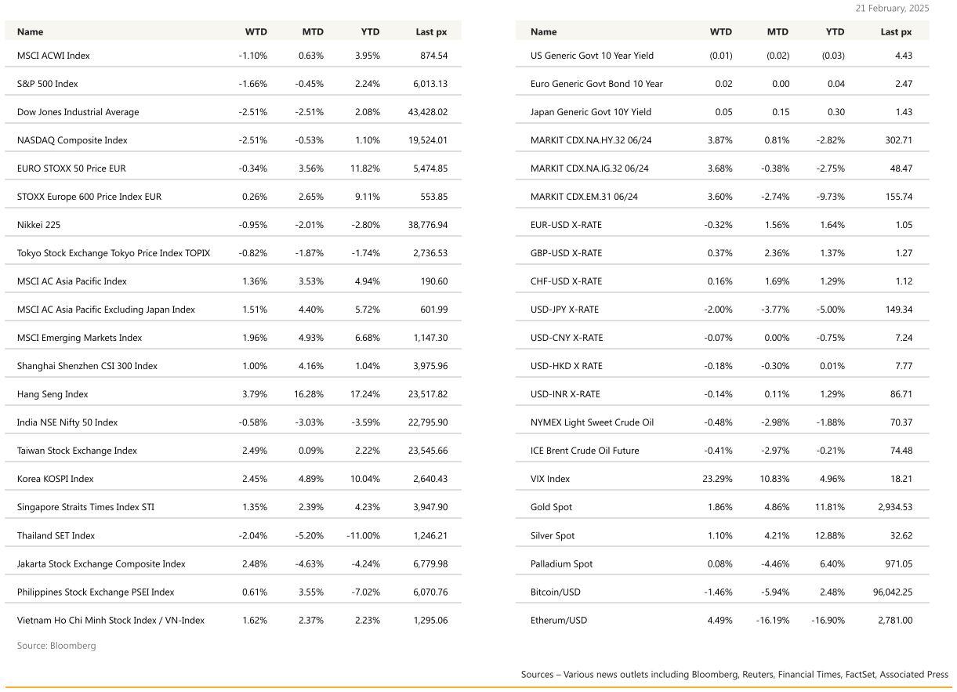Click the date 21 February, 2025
click(892, 9)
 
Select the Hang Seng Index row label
click(53, 394)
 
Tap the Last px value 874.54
click(433, 56)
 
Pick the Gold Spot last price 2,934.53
click(895, 507)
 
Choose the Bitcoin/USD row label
click(555, 592)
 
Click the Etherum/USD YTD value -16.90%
click(828, 620)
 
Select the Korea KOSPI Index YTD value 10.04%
click(364, 479)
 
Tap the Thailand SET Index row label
click(56, 535)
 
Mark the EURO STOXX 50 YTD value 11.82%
click(364, 168)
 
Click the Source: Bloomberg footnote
click(56, 646)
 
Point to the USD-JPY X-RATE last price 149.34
click(898, 310)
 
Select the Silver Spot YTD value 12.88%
click(829, 535)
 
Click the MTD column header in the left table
click(313, 32)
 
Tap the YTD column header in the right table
click(835, 32)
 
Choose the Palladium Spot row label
click(561, 563)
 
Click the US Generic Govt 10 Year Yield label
click(592, 56)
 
